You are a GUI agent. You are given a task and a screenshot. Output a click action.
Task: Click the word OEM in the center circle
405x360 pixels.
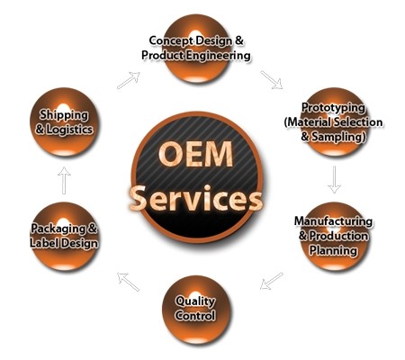[x=196, y=154]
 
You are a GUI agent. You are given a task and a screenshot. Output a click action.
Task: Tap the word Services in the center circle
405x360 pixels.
[x=196, y=198]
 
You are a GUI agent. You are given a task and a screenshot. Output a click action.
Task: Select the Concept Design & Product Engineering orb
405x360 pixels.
[x=196, y=49]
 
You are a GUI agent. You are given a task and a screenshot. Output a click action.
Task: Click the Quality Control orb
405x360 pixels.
[x=196, y=310]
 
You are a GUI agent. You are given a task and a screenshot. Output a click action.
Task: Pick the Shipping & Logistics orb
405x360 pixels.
[x=64, y=121]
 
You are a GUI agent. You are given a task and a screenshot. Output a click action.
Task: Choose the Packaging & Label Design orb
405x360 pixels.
[x=65, y=237]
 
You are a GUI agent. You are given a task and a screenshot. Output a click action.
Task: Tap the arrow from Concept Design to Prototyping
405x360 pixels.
[x=272, y=80]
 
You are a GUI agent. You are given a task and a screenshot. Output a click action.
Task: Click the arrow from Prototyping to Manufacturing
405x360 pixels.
[x=334, y=179]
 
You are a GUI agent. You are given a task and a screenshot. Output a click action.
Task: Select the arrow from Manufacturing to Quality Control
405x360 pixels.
[x=272, y=281]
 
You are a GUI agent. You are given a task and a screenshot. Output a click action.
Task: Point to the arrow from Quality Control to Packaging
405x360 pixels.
[x=129, y=282]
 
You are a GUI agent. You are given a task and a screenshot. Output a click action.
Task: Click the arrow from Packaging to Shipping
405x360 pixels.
[x=64, y=180]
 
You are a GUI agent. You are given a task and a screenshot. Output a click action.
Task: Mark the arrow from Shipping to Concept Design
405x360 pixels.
[x=129, y=80]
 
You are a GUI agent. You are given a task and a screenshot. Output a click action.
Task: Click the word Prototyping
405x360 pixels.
[x=333, y=108]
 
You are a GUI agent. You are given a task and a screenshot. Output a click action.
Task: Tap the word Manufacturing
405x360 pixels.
[x=333, y=221]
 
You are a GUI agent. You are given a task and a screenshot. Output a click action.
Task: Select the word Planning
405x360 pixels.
[x=333, y=250]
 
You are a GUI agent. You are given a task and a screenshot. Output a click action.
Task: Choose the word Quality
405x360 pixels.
[x=195, y=301]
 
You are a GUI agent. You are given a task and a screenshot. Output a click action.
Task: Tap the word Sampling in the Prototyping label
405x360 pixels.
[x=338, y=137]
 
